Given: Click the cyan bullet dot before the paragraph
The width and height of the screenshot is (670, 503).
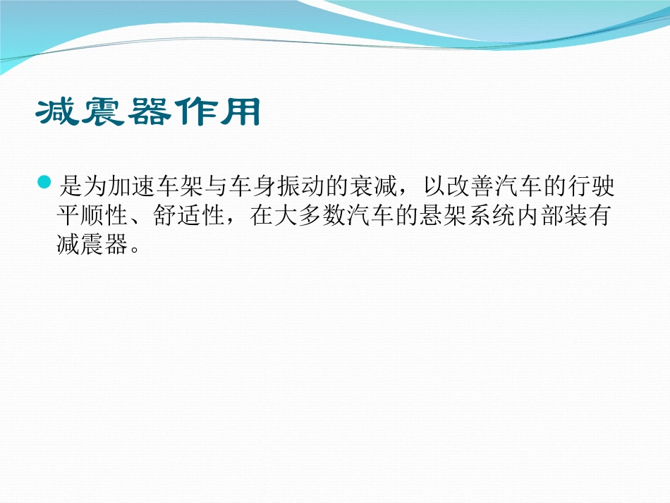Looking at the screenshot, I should pos(45,183).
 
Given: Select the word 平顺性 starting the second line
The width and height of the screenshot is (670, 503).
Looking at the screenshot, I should pos(91,216).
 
